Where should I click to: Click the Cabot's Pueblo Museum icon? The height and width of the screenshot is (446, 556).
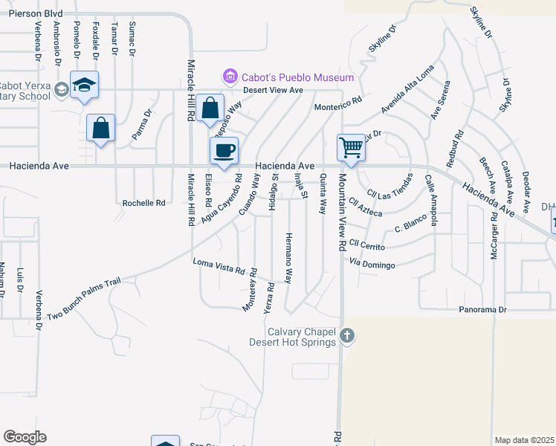point(230,77)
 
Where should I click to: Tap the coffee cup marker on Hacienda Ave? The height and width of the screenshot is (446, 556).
point(224,151)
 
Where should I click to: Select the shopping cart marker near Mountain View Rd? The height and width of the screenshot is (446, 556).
point(350,147)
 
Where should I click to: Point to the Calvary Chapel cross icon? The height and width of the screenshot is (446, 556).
point(346,337)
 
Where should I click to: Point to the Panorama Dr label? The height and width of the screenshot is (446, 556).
point(482,308)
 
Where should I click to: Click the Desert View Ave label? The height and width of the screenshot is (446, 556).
point(276,90)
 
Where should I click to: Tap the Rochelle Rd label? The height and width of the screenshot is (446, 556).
point(143,202)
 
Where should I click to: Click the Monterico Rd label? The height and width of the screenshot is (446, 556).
point(337,103)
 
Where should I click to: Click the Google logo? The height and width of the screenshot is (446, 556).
point(25,437)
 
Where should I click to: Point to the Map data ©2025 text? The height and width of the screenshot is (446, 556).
point(525,440)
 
